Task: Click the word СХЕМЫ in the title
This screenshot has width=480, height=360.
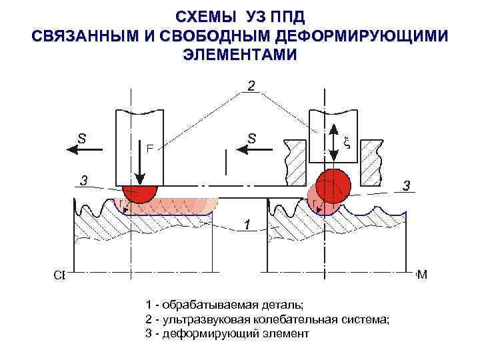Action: pyautogui.click(x=199, y=17)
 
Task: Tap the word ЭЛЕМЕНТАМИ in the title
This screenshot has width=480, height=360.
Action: pyautogui.click(x=240, y=55)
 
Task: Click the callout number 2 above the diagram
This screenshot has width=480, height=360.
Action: pyautogui.click(x=251, y=85)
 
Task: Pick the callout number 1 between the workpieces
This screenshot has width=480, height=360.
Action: pyautogui.click(x=247, y=225)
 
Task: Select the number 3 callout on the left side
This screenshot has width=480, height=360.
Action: pyautogui.click(x=83, y=179)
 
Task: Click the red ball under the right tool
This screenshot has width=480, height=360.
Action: pyautogui.click(x=333, y=185)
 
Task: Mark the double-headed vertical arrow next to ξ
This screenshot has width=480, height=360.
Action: pyautogui.click(x=333, y=144)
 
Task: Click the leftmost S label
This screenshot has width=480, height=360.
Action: pyautogui.click(x=81, y=139)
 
